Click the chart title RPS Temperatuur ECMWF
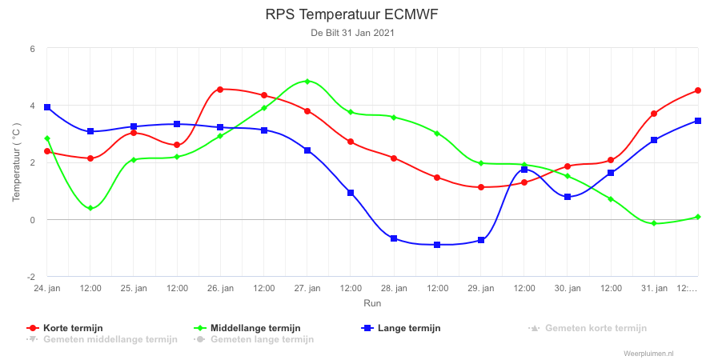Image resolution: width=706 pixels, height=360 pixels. point(351,15)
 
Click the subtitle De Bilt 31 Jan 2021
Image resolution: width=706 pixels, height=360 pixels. point(352,33)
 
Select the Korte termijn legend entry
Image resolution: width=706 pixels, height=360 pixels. point(66,328)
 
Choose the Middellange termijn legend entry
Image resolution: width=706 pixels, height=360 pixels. point(247,328)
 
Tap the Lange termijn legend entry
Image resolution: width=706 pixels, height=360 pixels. point(401,328)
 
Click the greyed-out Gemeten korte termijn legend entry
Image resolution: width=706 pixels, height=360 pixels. point(588,328)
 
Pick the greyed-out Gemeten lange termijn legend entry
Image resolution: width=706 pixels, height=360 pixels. point(254,339)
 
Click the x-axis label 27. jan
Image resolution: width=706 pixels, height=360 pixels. point(307,289)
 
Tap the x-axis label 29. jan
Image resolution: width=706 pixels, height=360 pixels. point(481,289)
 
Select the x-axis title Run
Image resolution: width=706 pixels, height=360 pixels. point(372,303)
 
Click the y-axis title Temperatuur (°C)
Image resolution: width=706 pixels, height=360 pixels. point(16,162)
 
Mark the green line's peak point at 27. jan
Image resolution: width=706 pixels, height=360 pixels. point(307,82)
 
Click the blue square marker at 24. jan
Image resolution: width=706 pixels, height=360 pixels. point(47,107)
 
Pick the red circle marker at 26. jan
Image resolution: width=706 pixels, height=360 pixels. point(220,90)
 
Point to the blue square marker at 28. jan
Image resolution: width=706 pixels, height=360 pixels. point(394,238)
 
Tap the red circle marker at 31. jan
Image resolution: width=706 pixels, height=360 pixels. point(654,114)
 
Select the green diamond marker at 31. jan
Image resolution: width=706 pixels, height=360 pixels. point(654,223)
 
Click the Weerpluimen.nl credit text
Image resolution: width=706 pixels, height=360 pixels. point(649,354)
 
